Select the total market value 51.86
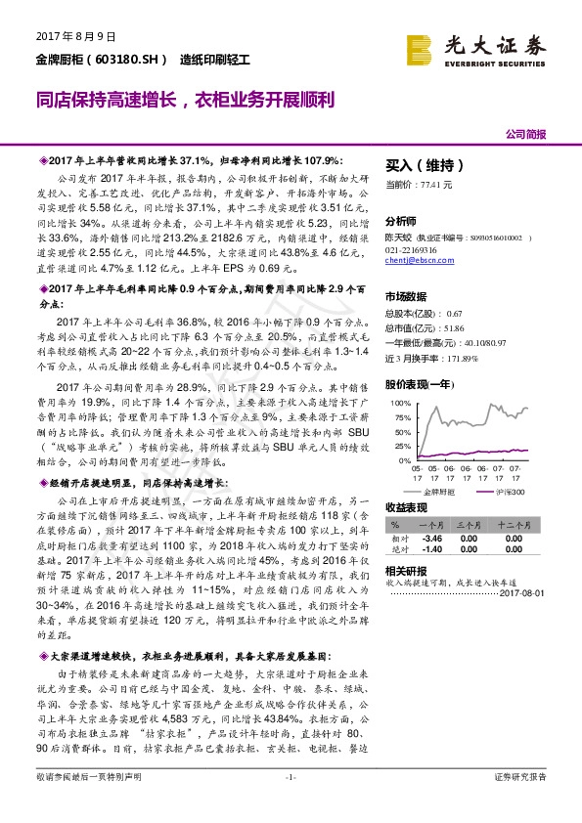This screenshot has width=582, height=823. point(453,327)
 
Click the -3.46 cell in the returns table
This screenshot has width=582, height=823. point(432,537)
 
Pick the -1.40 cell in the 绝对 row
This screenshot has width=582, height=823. point(432,549)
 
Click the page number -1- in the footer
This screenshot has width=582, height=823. point(291,803)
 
